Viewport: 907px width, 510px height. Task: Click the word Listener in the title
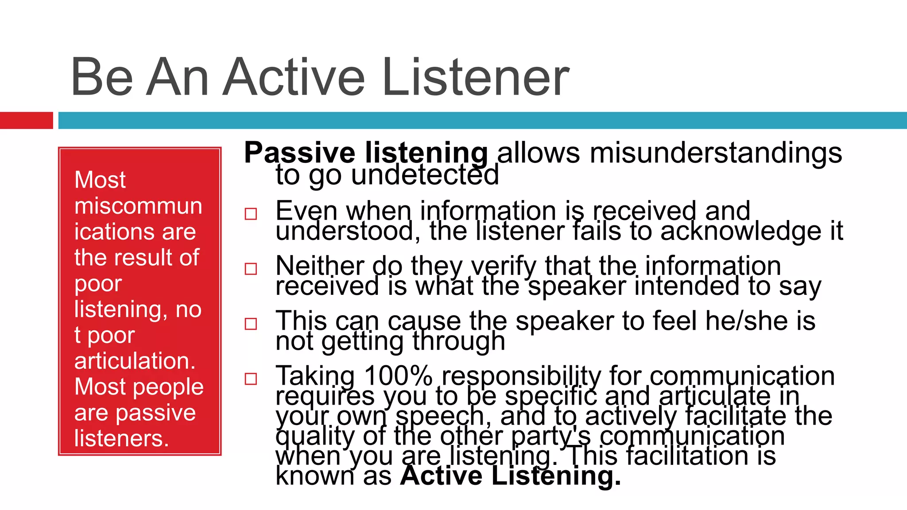pyautogui.click(x=475, y=77)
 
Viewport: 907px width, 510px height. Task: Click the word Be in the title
pyautogui.click(x=102, y=77)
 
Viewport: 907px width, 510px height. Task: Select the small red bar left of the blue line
pyautogui.click(x=26, y=120)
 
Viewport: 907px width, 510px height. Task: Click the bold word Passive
pyautogui.click(x=299, y=153)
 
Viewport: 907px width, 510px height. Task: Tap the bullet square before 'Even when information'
pyautogui.click(x=251, y=214)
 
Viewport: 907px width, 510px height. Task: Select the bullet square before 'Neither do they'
pyautogui.click(x=251, y=269)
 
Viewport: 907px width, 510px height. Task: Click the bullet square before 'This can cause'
pyautogui.click(x=251, y=324)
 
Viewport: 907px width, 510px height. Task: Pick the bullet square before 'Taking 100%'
pyautogui.click(x=251, y=379)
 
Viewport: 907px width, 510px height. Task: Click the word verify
pyautogui.click(x=504, y=267)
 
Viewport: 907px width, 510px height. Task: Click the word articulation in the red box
pyautogui.click(x=135, y=361)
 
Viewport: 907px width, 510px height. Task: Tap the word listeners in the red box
pyautogui.click(x=121, y=438)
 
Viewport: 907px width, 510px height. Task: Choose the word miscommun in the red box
pyautogui.click(x=138, y=206)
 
